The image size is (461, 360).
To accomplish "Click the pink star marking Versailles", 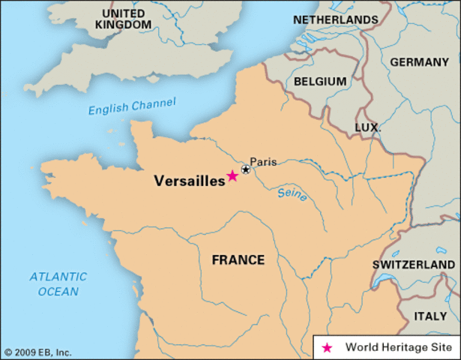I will (x=232, y=175).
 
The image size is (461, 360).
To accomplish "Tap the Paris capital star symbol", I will (x=245, y=169).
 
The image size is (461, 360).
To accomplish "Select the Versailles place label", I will (x=189, y=181).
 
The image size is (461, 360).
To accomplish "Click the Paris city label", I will (x=263, y=161).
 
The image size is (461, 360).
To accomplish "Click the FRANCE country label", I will (x=238, y=260).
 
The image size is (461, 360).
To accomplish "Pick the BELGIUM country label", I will (x=320, y=81).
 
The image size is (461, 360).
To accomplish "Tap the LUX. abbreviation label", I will (x=367, y=128).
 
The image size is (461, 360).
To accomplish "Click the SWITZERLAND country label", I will (x=413, y=265).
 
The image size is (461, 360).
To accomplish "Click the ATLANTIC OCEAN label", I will (x=58, y=283).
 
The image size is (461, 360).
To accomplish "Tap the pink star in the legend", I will (x=326, y=348).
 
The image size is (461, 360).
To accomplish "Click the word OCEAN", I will (x=58, y=291).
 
